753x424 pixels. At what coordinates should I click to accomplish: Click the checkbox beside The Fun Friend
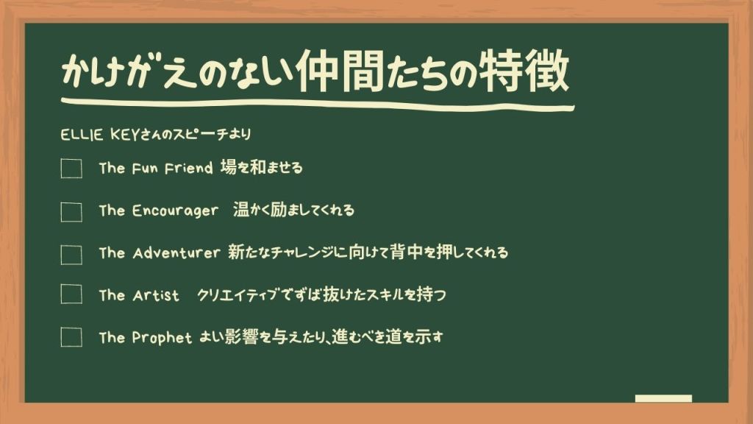pyautogui.click(x=71, y=169)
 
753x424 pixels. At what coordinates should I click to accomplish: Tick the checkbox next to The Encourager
pyautogui.click(x=71, y=211)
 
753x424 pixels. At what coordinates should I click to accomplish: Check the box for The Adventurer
pyautogui.click(x=71, y=255)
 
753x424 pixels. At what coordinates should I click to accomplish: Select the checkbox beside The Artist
pyautogui.click(x=71, y=294)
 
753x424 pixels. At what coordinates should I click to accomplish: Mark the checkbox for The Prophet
pyautogui.click(x=71, y=336)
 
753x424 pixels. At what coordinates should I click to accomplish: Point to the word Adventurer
pyautogui.click(x=176, y=253)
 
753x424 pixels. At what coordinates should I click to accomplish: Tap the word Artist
pyautogui.click(x=156, y=295)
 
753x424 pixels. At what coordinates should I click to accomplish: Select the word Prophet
pyautogui.click(x=162, y=337)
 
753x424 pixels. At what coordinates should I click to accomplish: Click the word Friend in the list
pyautogui.click(x=188, y=169)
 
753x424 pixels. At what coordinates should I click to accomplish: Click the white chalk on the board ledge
pyautogui.click(x=663, y=398)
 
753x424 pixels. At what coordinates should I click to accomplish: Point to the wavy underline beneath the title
pyautogui.click(x=318, y=105)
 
